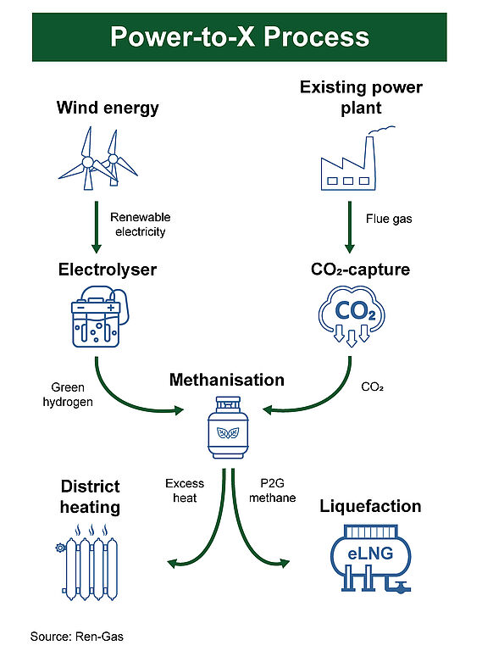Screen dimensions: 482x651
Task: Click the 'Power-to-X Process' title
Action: [240, 36]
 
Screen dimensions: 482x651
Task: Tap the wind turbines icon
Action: [98, 159]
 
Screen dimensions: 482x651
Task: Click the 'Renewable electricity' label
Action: [141, 224]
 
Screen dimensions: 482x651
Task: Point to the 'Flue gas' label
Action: [389, 219]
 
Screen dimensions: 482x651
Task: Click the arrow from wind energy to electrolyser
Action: [97, 227]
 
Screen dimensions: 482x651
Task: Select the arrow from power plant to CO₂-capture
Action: [350, 227]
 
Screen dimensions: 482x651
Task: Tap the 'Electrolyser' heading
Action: [108, 270]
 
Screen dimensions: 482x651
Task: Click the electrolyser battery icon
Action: [100, 316]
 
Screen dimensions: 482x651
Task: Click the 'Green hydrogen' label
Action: [68, 394]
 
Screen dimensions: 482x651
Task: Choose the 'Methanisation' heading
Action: [227, 380]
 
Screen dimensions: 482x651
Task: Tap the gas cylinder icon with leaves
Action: [228, 427]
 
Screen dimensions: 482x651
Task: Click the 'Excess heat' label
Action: [185, 490]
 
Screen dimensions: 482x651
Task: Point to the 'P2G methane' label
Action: [273, 490]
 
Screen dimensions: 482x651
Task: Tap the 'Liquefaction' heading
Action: [370, 506]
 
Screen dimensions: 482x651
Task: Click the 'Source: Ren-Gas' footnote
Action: [77, 637]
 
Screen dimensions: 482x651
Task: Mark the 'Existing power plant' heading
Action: [361, 97]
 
